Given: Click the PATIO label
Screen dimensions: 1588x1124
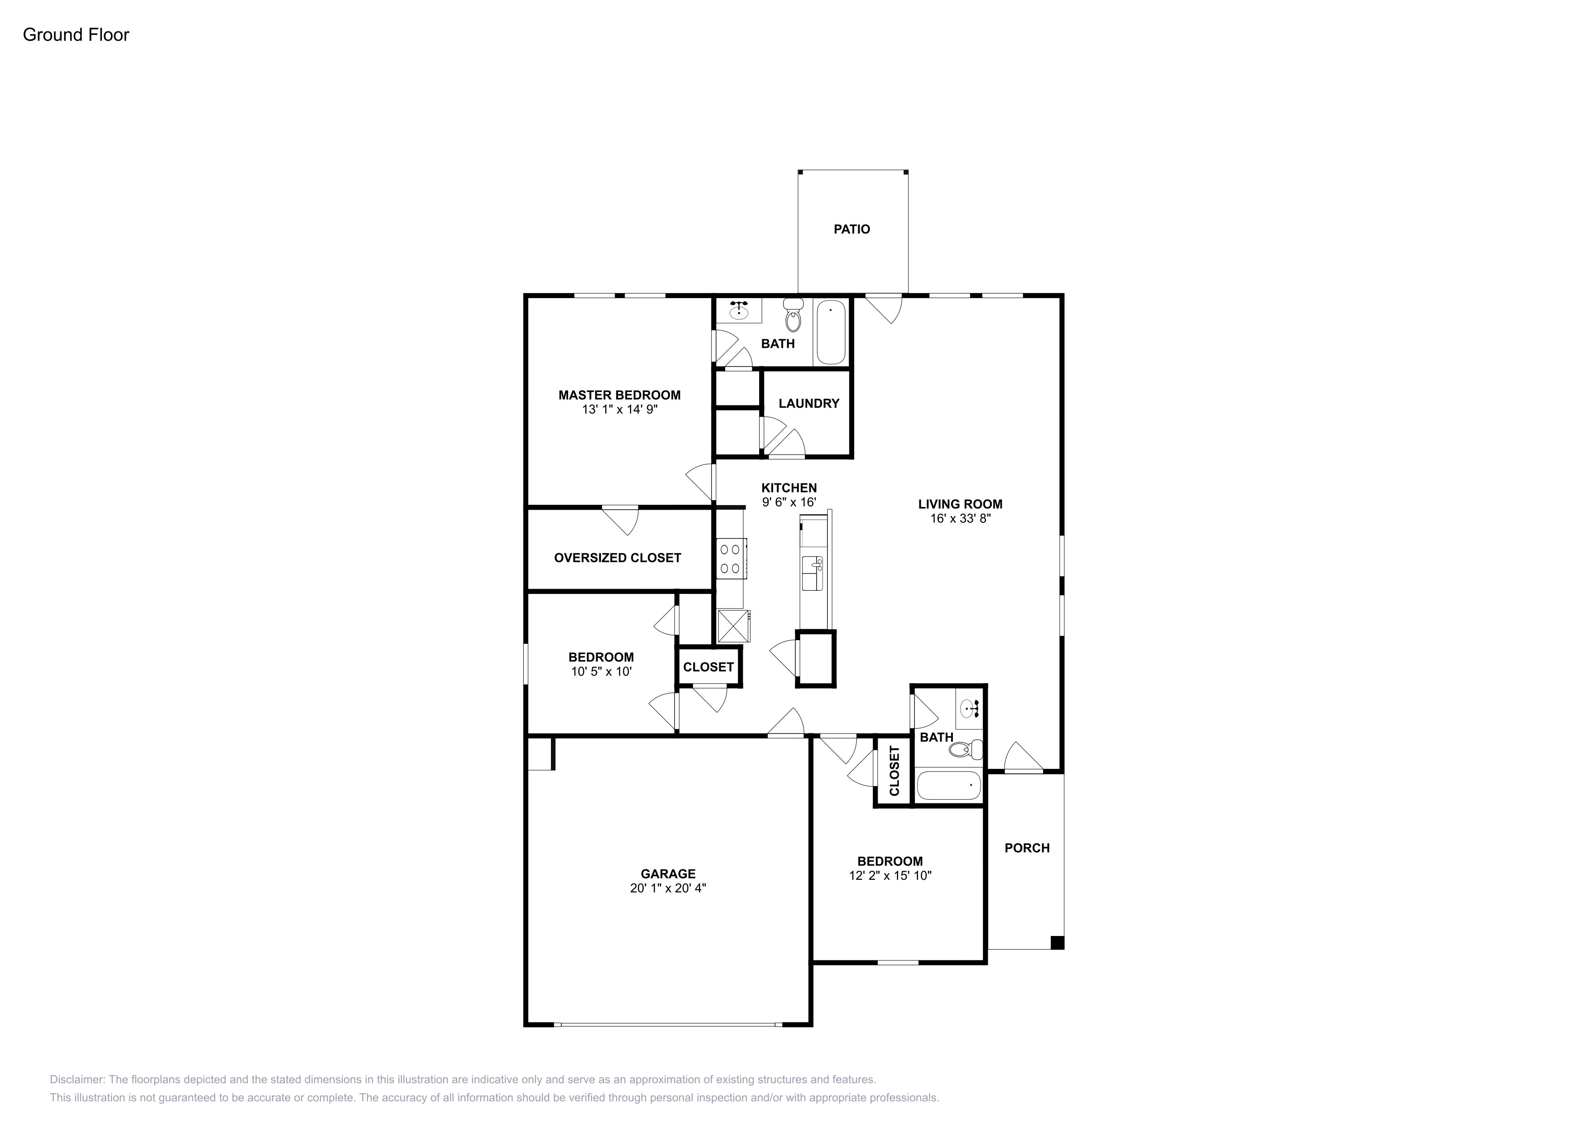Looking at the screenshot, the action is pos(851,229).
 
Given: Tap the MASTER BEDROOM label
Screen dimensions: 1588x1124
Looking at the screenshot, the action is pos(620,395).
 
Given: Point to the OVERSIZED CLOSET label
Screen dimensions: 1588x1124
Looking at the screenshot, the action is pos(617,558).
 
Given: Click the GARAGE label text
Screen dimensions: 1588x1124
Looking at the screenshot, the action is pos(668,874).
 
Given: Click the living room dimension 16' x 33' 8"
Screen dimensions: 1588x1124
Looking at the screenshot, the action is pos(961,518).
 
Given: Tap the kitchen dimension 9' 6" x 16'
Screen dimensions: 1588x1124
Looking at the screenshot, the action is pos(789,502).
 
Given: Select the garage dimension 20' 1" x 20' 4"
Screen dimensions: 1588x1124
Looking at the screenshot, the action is pos(668,888).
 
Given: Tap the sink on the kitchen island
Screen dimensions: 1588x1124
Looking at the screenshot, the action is pos(812,573).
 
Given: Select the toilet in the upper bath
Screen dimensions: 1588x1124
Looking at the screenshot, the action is pos(793,316).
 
